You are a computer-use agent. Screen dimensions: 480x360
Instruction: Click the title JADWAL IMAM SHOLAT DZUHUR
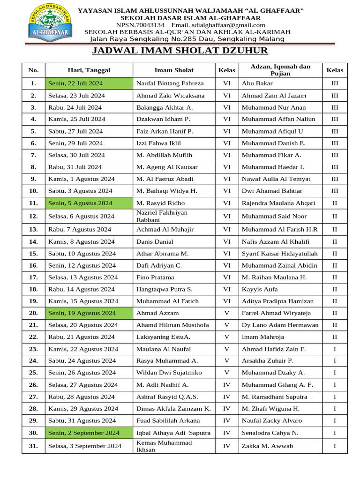[180, 51]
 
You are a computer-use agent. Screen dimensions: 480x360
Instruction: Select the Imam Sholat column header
[174, 70]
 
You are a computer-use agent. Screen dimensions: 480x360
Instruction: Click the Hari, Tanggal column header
[89, 70]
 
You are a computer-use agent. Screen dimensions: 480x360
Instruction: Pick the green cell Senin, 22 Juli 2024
[89, 83]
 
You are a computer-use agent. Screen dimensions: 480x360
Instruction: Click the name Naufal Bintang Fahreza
[170, 83]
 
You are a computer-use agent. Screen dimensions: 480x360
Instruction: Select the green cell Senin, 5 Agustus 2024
[89, 203]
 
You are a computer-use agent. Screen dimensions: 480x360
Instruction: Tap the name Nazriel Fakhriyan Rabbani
[162, 216]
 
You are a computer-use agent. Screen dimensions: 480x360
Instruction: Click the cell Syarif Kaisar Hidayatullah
[279, 254]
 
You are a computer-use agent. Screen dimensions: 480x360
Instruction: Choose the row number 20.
[33, 313]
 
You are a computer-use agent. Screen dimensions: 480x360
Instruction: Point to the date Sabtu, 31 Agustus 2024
[82, 420]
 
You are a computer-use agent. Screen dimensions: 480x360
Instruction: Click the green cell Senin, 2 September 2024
[89, 433]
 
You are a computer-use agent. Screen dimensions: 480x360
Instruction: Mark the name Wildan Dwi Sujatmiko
[169, 373]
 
